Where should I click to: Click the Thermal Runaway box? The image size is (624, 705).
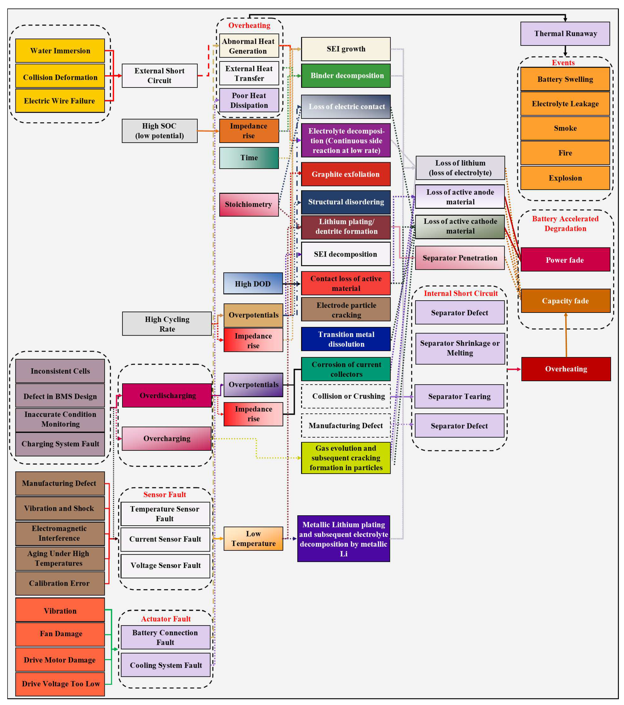(565, 33)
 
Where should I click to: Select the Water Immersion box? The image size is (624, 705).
(60, 51)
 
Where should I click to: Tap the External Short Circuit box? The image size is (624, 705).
(159, 75)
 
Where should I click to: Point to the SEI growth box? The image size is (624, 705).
(346, 49)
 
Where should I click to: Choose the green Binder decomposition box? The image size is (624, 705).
(346, 75)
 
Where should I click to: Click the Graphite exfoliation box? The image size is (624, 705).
(346, 174)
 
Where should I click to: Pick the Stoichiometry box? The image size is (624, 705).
(249, 205)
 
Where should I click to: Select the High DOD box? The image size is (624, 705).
(253, 283)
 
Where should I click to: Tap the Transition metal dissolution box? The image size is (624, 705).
(346, 339)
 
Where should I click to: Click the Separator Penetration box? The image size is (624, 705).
(459, 258)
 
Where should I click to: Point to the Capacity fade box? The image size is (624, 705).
(565, 301)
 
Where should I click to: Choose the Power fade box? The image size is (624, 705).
(565, 260)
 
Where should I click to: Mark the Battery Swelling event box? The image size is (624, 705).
(565, 79)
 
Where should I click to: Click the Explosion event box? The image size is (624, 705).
(565, 178)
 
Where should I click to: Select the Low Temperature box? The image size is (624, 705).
(253, 538)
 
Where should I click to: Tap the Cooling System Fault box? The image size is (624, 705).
(166, 665)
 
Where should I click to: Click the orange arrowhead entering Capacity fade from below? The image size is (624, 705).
(566, 315)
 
